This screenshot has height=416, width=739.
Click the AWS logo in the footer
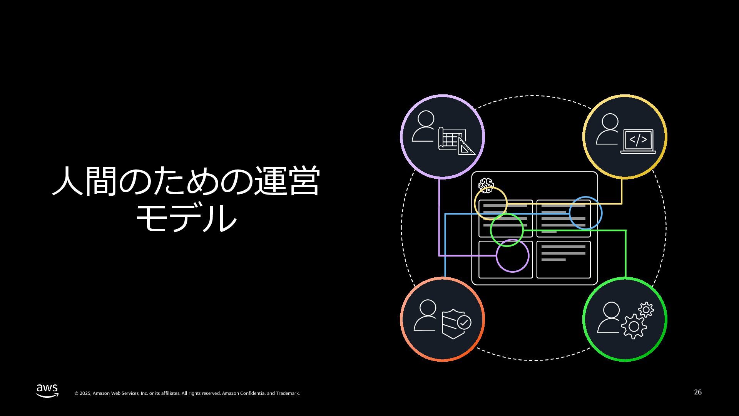tap(47, 390)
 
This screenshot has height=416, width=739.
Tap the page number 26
tap(697, 392)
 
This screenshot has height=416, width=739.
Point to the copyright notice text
tap(187, 393)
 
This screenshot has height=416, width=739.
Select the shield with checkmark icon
tap(456, 324)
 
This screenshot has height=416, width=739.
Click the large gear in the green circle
tap(633, 327)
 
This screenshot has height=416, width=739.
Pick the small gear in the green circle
tap(646, 310)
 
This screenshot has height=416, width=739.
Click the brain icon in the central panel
tap(486, 186)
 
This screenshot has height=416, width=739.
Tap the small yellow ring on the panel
tap(490, 203)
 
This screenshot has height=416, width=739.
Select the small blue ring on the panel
tap(585, 213)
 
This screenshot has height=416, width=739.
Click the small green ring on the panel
tap(507, 230)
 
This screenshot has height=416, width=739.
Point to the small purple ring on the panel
tap(512, 256)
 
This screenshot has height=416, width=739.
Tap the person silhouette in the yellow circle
tap(608, 129)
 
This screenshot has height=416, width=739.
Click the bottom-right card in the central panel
tap(563, 260)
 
